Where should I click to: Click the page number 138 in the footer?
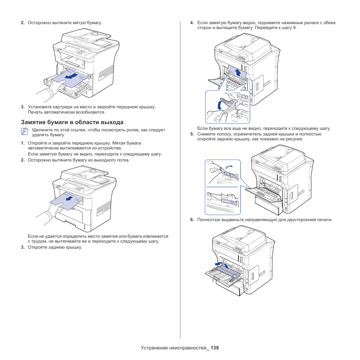tap(215, 348)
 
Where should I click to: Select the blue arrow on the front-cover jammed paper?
tap(69, 77)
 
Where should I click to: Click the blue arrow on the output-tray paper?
tap(68, 198)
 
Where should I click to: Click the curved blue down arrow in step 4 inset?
tap(220, 105)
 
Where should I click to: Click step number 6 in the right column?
tap(192, 220)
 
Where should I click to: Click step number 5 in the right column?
tap(192, 134)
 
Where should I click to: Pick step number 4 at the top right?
tap(192, 23)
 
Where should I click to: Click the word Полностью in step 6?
tap(209, 220)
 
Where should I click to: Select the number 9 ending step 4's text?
tap(295, 28)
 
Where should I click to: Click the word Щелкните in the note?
tap(43, 130)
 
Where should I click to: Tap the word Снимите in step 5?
tap(206, 134)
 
